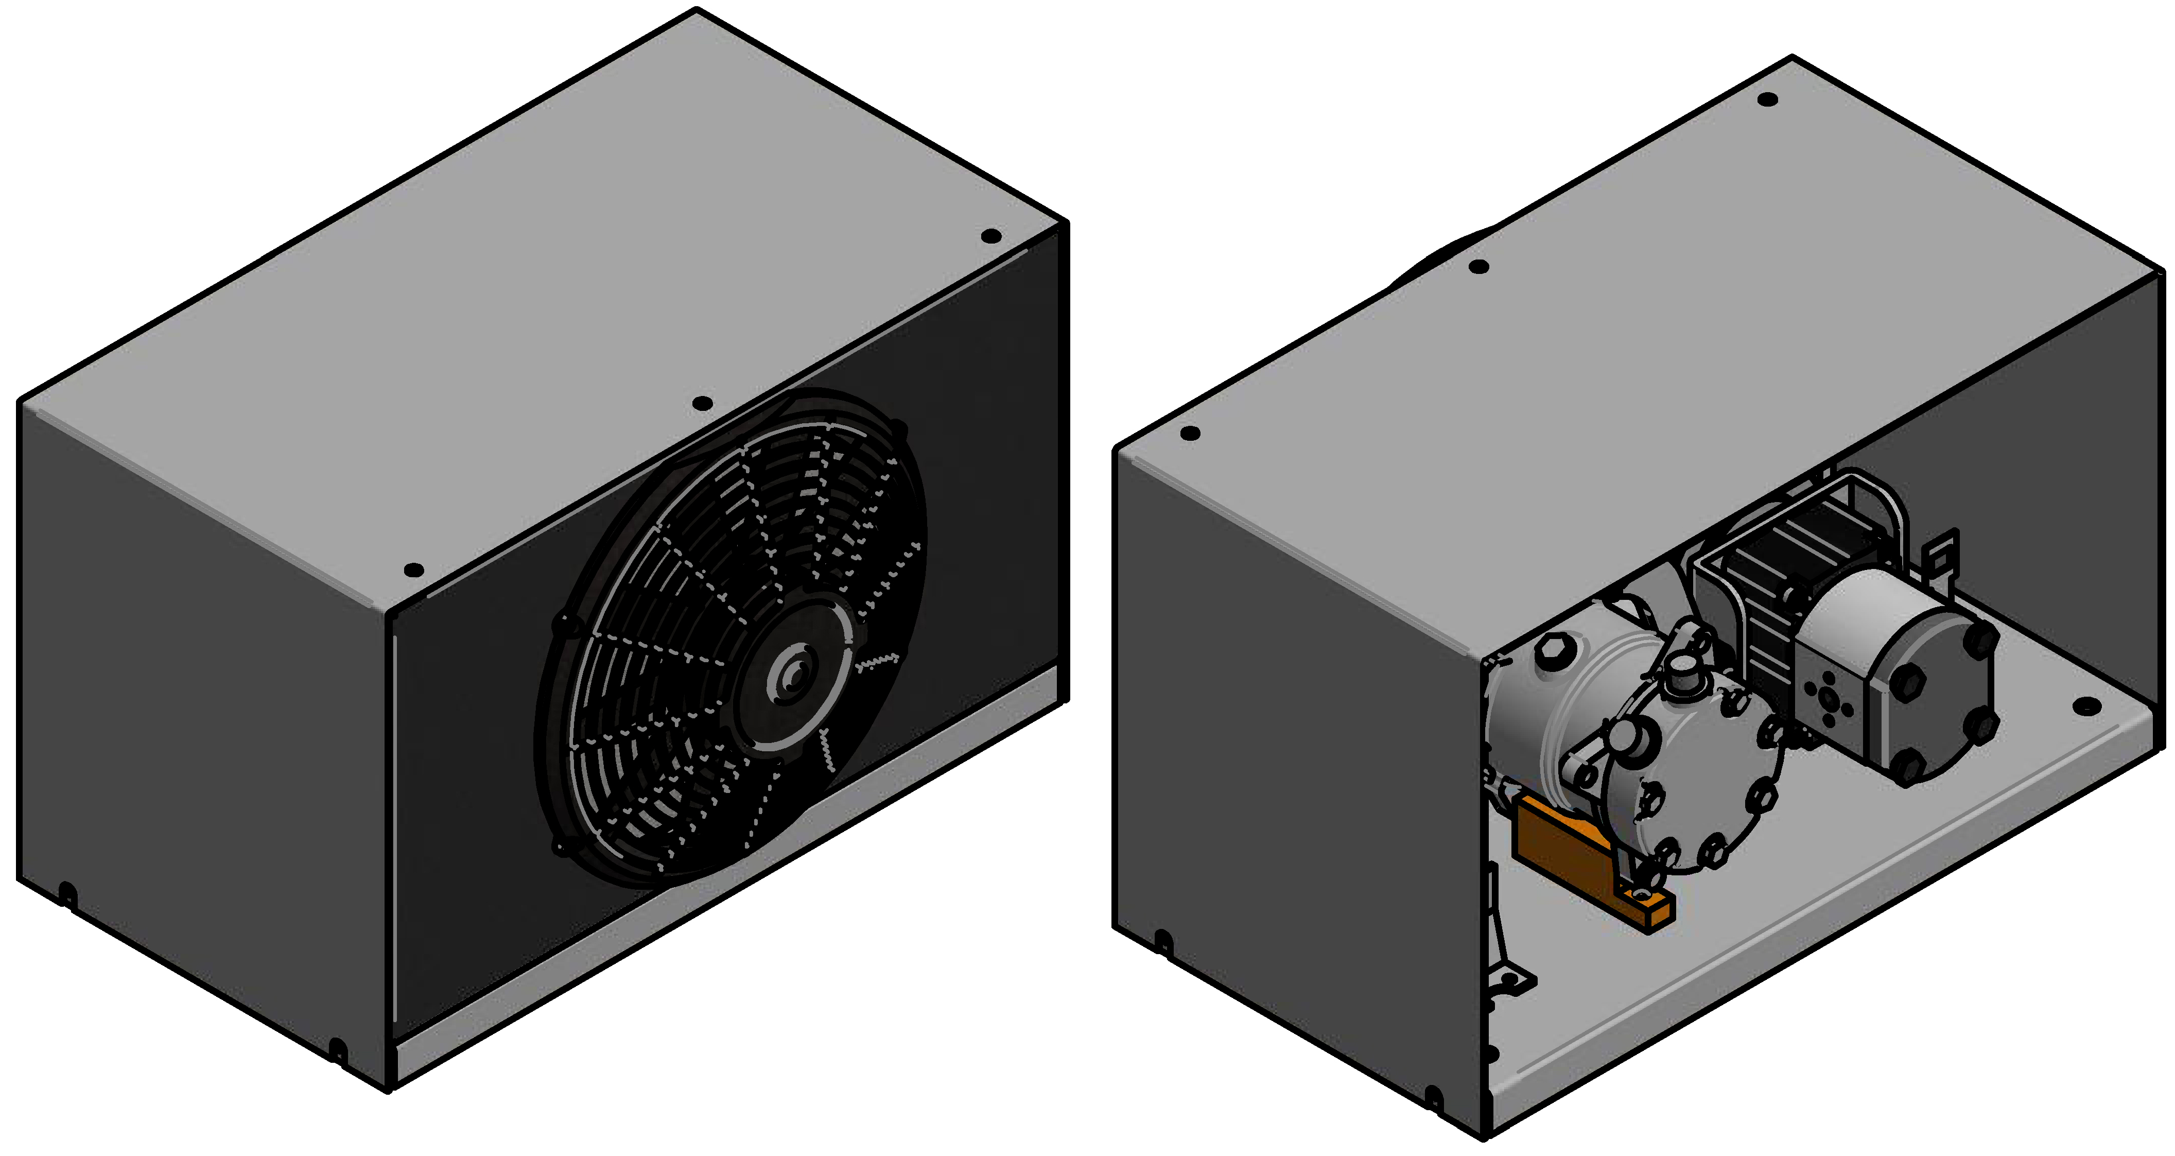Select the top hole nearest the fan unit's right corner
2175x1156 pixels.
pyautogui.click(x=991, y=236)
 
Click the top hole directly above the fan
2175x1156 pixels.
pyautogui.click(x=702, y=404)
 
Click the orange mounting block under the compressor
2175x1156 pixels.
pyautogui.click(x=1562, y=853)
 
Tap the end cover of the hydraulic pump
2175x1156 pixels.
pyautogui.click(x=1942, y=701)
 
